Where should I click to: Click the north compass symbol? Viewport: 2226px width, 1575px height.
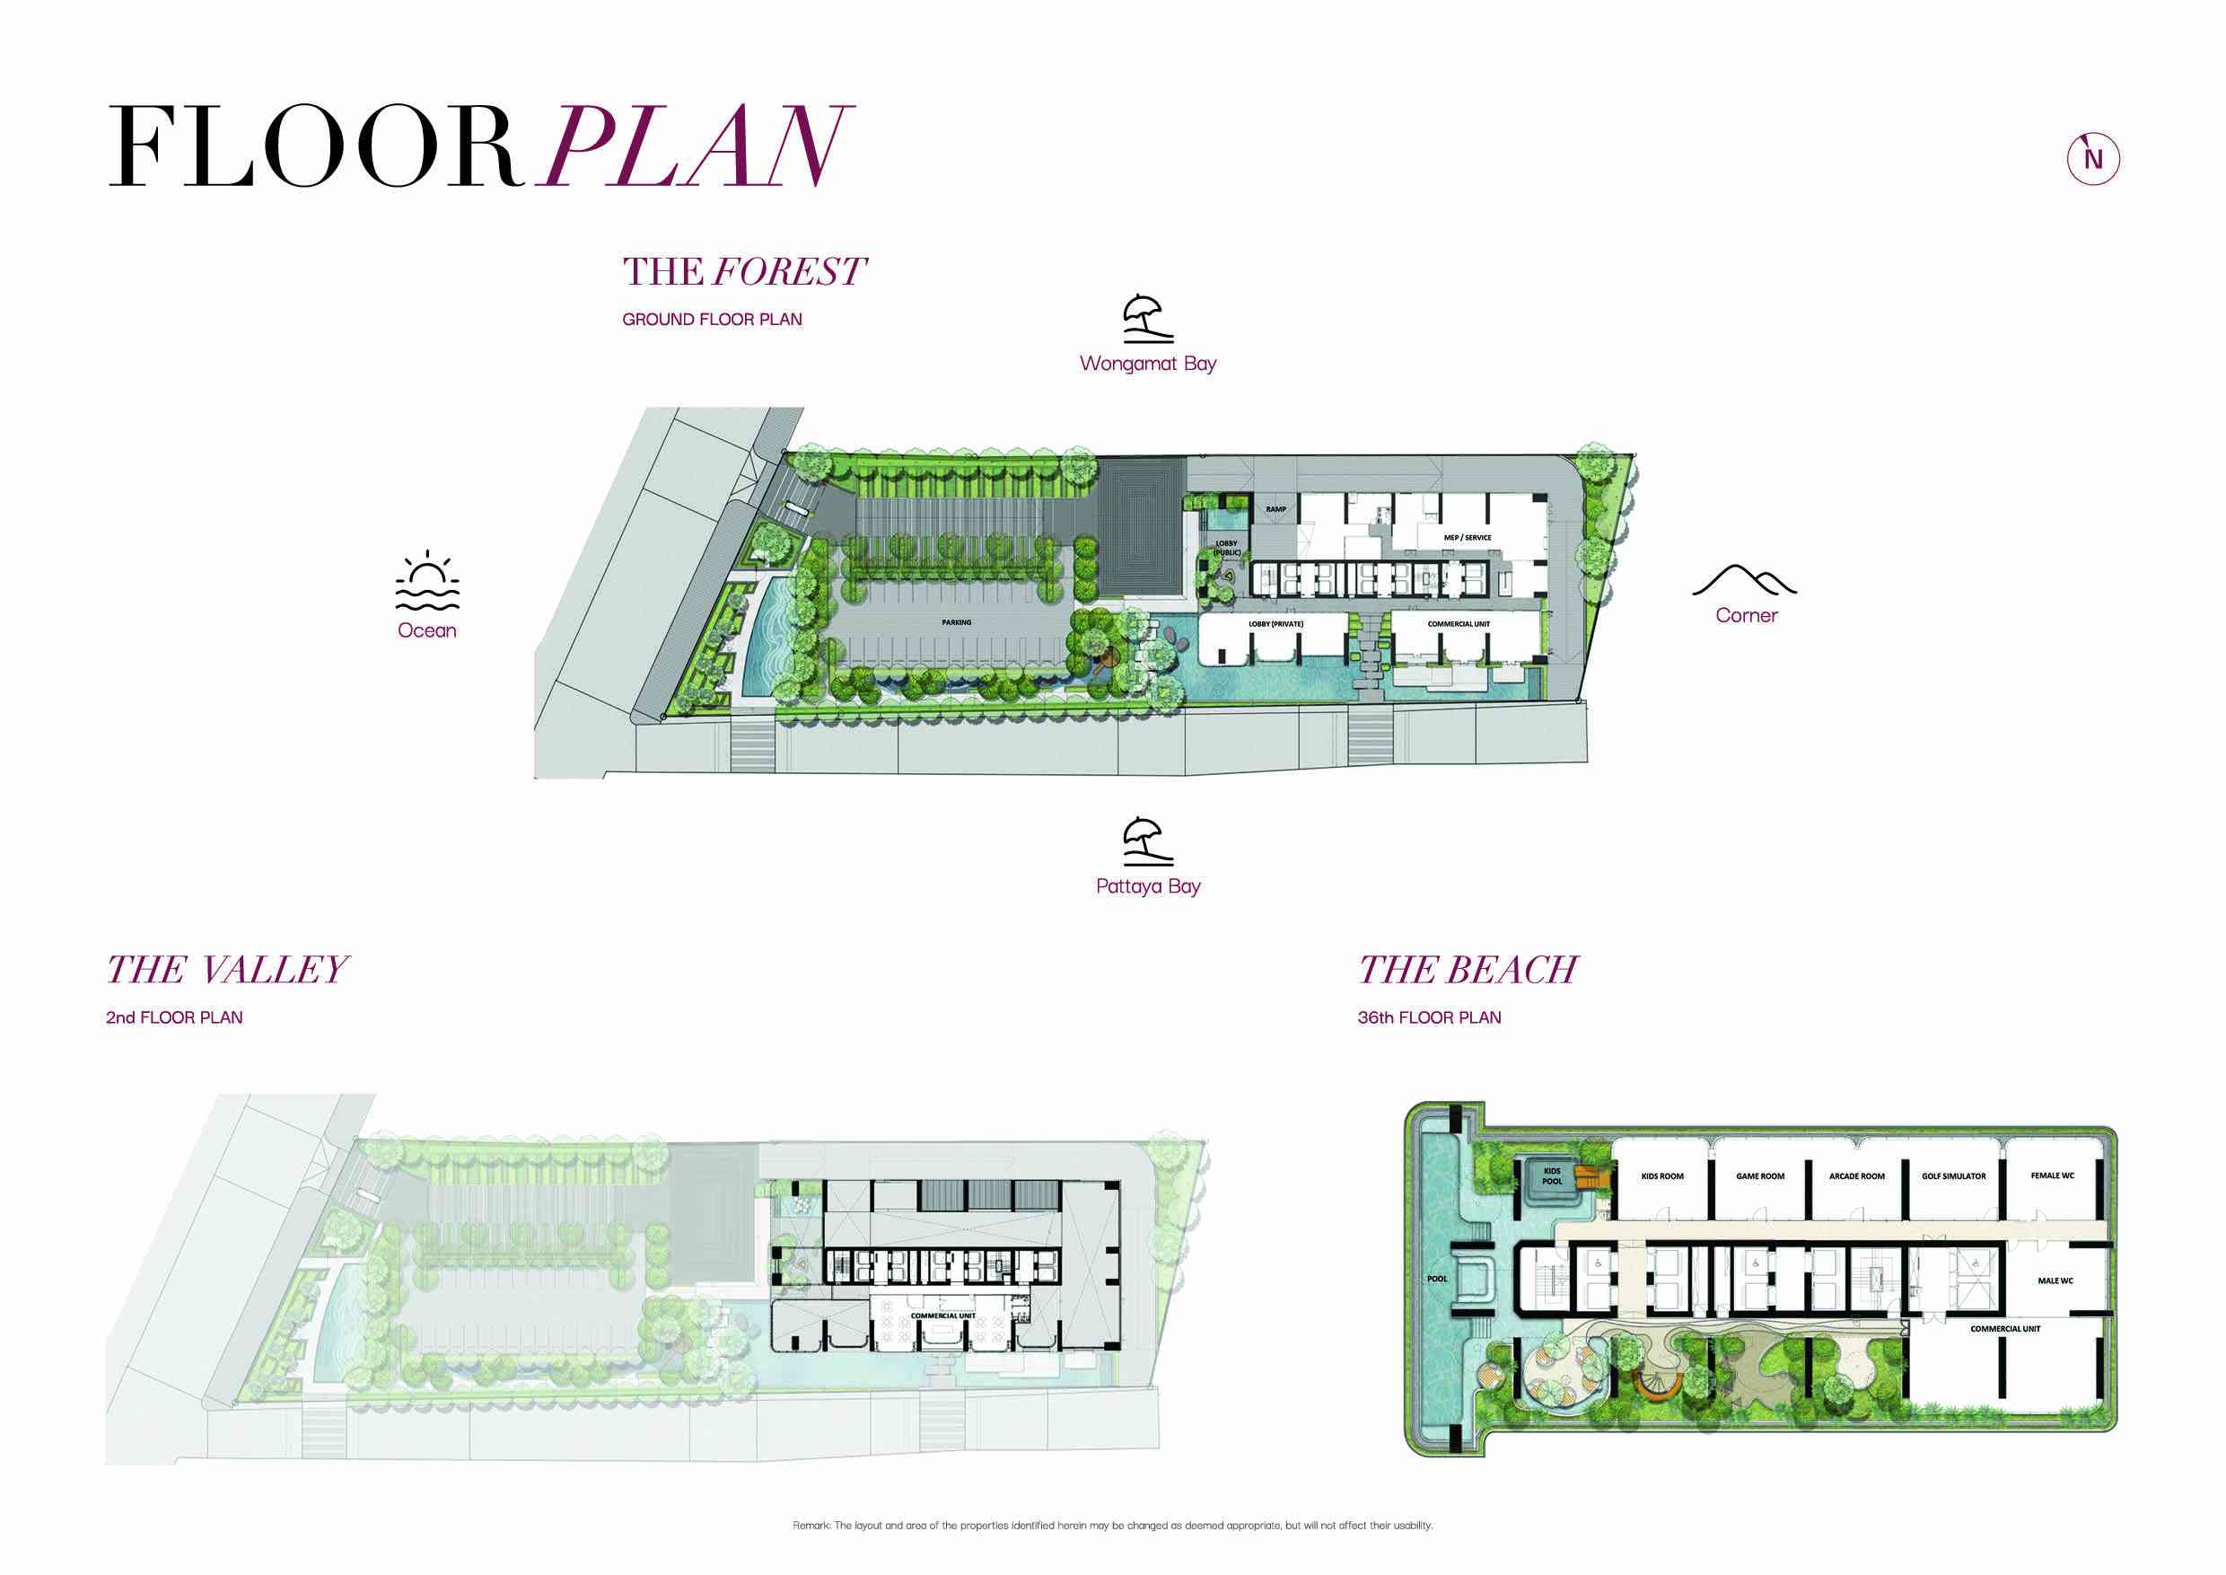pos(2093,159)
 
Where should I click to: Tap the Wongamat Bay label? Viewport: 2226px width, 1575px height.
pos(1148,364)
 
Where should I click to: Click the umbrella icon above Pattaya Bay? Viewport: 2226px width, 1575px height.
pos(1148,840)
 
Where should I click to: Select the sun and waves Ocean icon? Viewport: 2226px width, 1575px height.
pos(427,582)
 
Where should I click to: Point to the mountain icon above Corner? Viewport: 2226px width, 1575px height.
pos(1745,579)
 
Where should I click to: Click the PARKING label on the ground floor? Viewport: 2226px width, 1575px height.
pos(956,622)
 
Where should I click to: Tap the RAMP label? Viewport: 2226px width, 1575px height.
pos(1275,509)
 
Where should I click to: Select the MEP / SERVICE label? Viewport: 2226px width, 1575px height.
pos(1467,537)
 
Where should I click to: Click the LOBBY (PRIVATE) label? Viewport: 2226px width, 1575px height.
pos(1275,623)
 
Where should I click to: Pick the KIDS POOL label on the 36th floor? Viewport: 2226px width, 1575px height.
pos(1552,1175)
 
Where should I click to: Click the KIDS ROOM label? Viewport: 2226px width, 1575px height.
pos(1662,1176)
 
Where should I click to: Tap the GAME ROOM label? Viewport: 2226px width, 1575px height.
pos(1759,1176)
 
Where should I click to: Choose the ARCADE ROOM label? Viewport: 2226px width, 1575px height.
pos(1856,1176)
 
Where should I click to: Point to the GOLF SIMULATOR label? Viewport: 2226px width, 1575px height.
pos(1953,1176)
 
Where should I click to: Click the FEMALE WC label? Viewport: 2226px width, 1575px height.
pos(2053,1175)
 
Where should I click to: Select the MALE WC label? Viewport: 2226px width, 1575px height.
pos(2055,1280)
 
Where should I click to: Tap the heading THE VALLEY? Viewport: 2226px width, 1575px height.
pos(227,969)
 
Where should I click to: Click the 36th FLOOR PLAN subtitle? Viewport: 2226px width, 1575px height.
pos(1429,1017)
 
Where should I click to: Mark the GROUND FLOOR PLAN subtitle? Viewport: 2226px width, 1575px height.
pos(712,319)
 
